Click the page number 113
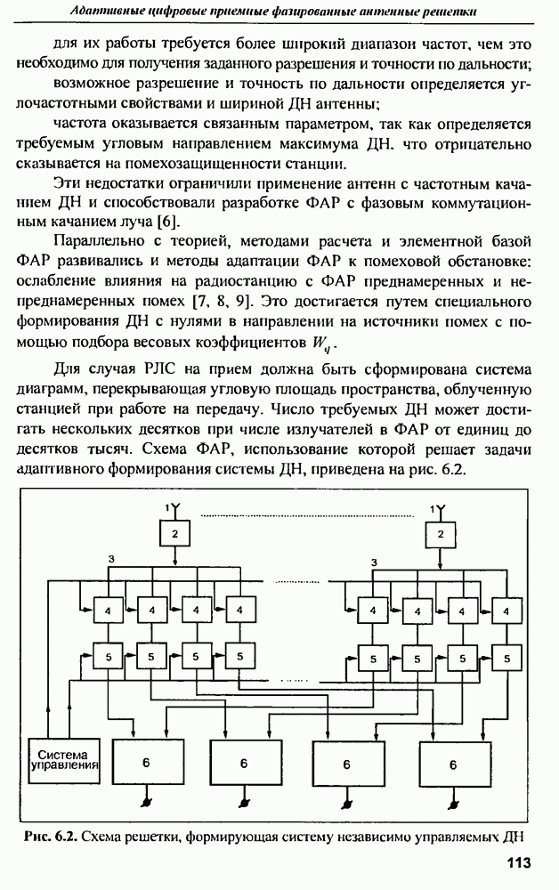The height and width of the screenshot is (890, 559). pyautogui.click(x=518, y=862)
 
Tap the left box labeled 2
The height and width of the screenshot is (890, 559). pyautogui.click(x=175, y=534)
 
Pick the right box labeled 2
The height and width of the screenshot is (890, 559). pyautogui.click(x=438, y=534)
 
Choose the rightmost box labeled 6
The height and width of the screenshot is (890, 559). pyautogui.click(x=453, y=764)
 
